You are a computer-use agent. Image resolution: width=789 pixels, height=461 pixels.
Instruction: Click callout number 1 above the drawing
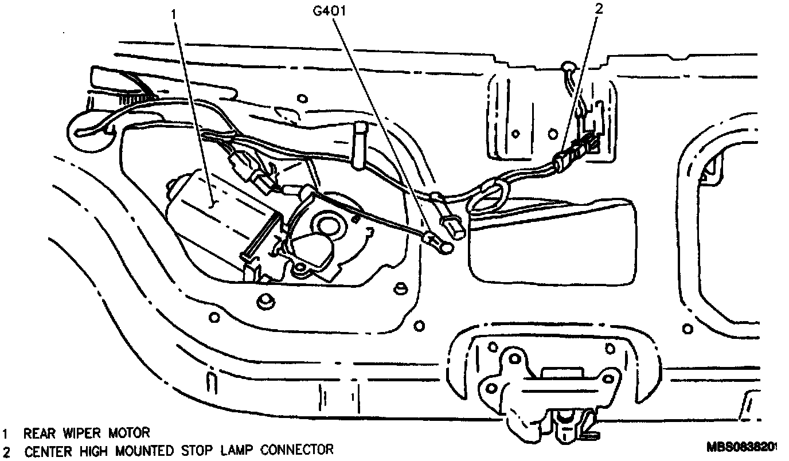pyautogui.click(x=175, y=13)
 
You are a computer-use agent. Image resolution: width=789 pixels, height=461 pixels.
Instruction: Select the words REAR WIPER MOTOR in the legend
pyautogui.click(x=87, y=432)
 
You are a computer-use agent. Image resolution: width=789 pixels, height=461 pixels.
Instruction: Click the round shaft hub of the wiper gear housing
pyautogui.click(x=329, y=225)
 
